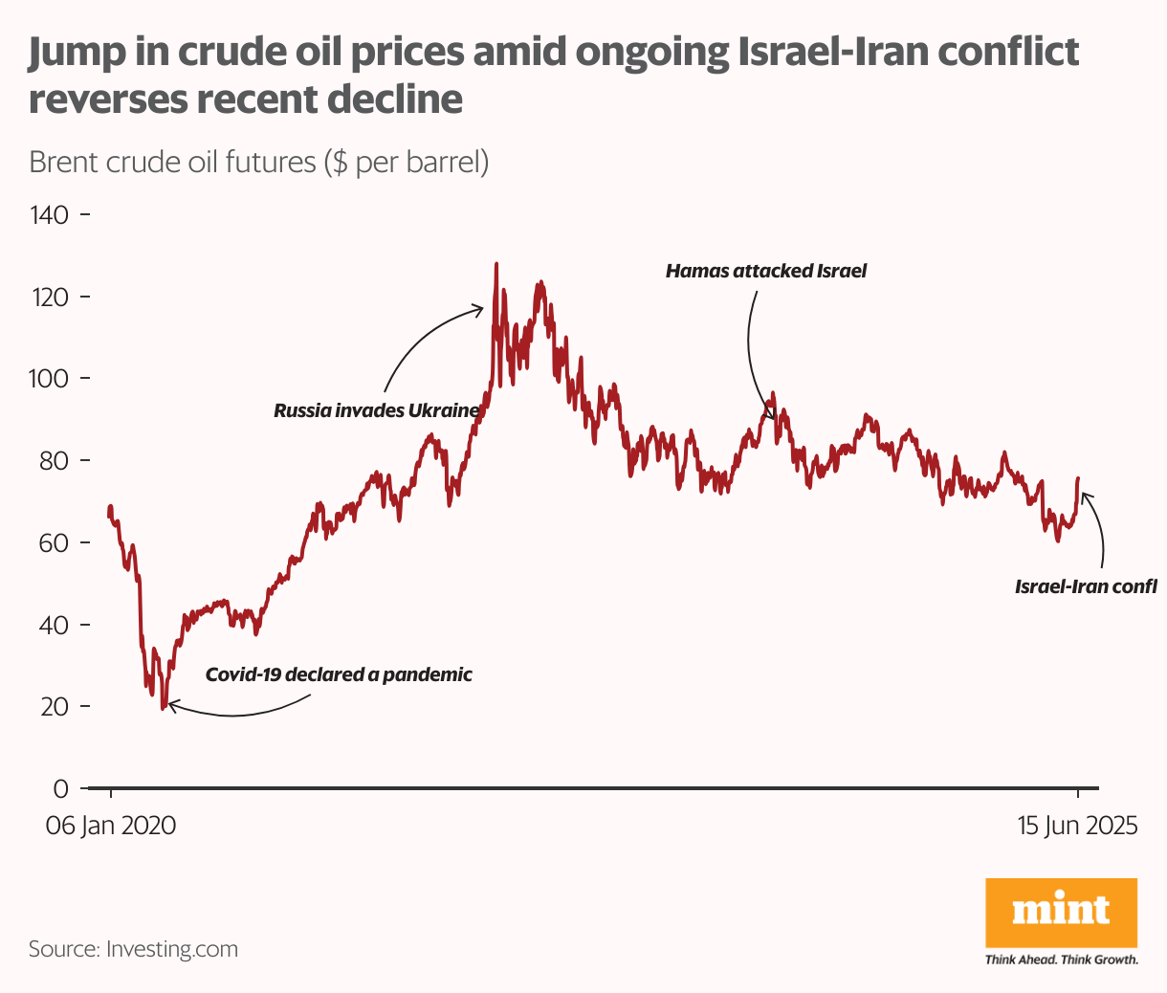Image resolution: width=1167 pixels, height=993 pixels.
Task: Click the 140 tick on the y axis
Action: [50, 214]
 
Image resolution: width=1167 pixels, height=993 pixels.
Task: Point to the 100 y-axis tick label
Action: [50, 379]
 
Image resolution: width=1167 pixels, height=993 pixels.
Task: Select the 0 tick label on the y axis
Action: [61, 788]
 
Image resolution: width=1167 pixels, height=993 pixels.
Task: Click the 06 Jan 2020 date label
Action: [111, 826]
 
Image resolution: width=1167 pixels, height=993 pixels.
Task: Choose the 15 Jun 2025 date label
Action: [1077, 826]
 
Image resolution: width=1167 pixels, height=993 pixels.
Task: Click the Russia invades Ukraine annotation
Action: [376, 410]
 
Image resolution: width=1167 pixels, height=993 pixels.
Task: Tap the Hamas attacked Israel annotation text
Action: [765, 271]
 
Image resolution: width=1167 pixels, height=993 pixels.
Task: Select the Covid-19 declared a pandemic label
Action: [339, 674]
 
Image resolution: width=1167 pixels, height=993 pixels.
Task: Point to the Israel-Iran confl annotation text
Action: [1086, 586]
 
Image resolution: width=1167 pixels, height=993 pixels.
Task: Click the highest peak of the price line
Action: [495, 263]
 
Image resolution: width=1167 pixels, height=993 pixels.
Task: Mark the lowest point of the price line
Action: [164, 708]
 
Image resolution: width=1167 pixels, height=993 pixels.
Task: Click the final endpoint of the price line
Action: [1078, 477]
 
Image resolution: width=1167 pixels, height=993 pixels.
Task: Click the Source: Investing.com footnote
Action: [133, 949]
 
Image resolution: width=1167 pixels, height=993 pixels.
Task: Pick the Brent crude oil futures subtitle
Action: [258, 162]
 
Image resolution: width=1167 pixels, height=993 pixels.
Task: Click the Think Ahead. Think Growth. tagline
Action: [1061, 960]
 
